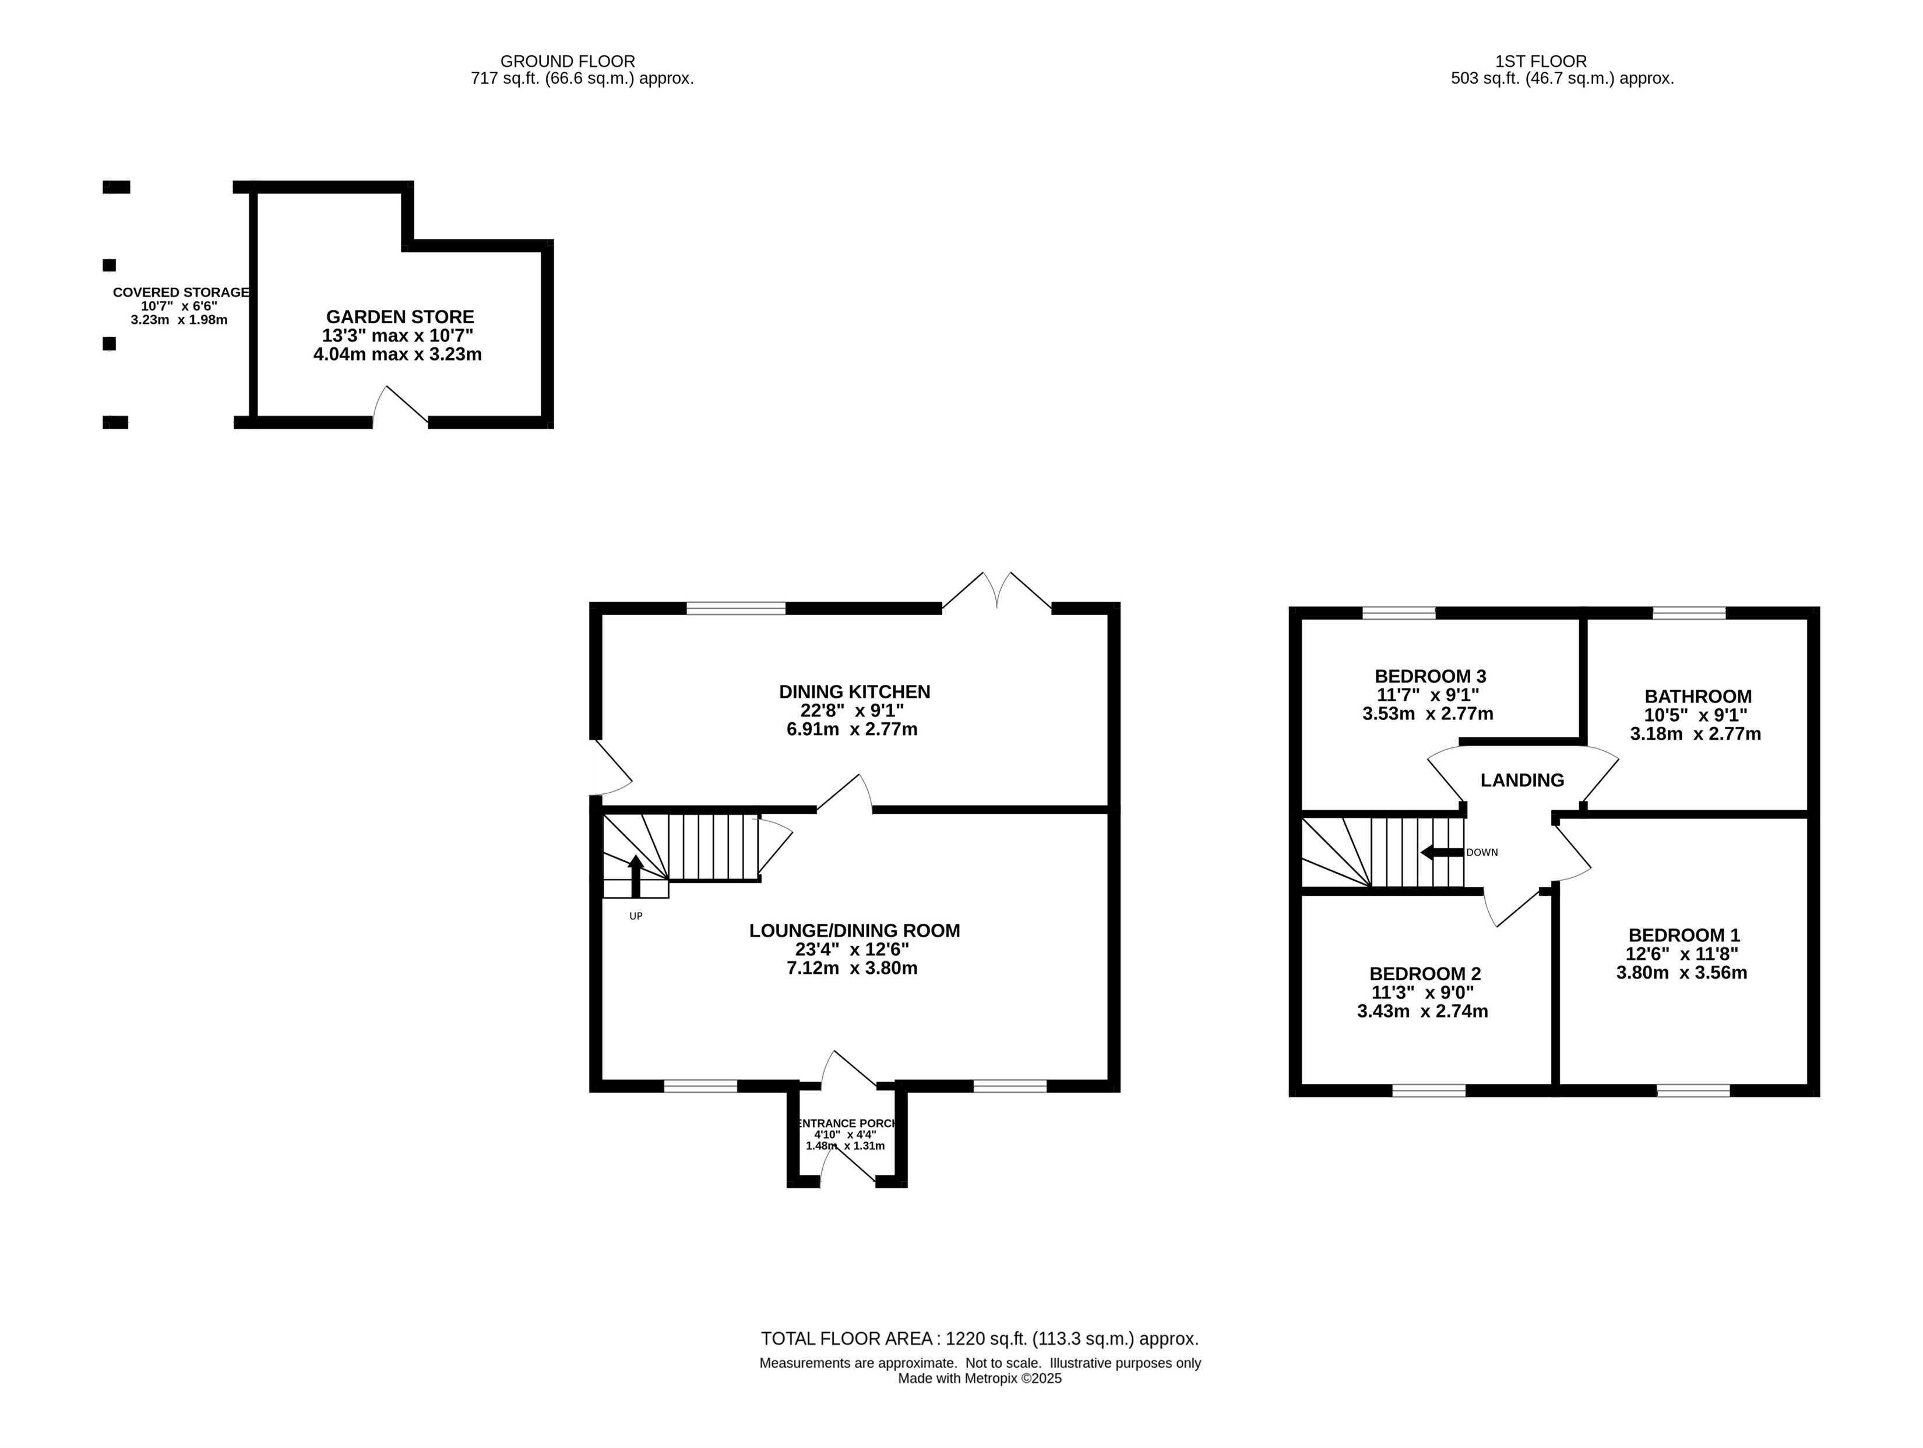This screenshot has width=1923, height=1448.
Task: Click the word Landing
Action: (x=1522, y=780)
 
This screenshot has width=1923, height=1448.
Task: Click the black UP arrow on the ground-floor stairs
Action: (x=636, y=876)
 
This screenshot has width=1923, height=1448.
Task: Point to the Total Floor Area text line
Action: (x=980, y=1339)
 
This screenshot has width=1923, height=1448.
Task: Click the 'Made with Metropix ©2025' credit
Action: (x=980, y=1379)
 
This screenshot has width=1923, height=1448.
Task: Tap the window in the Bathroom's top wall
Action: (x=1688, y=613)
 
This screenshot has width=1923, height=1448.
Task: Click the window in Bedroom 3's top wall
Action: (x=1399, y=613)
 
